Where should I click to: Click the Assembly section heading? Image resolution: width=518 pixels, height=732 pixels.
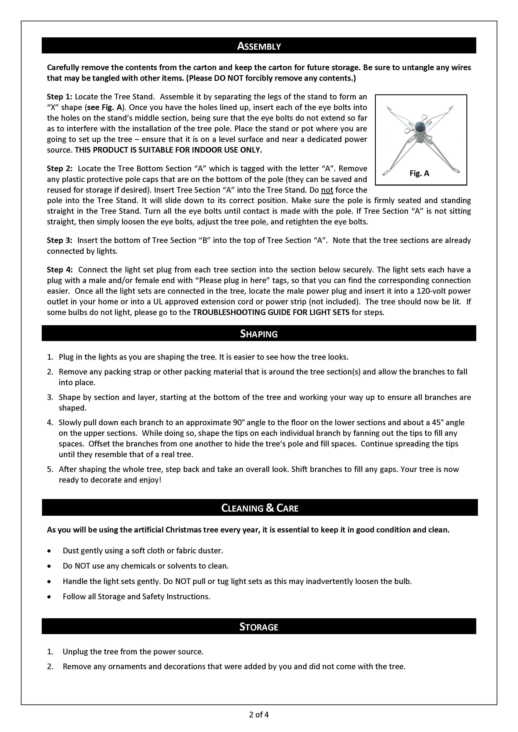(259, 46)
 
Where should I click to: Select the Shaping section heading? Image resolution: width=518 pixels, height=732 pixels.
(259, 334)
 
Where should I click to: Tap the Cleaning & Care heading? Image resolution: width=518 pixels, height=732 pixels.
(260, 508)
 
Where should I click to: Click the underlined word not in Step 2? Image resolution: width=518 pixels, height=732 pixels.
(327, 190)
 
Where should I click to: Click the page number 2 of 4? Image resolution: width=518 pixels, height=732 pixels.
(259, 714)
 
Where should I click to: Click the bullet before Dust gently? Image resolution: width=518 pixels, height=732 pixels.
(49, 551)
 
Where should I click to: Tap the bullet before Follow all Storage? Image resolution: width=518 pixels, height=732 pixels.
(49, 597)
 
